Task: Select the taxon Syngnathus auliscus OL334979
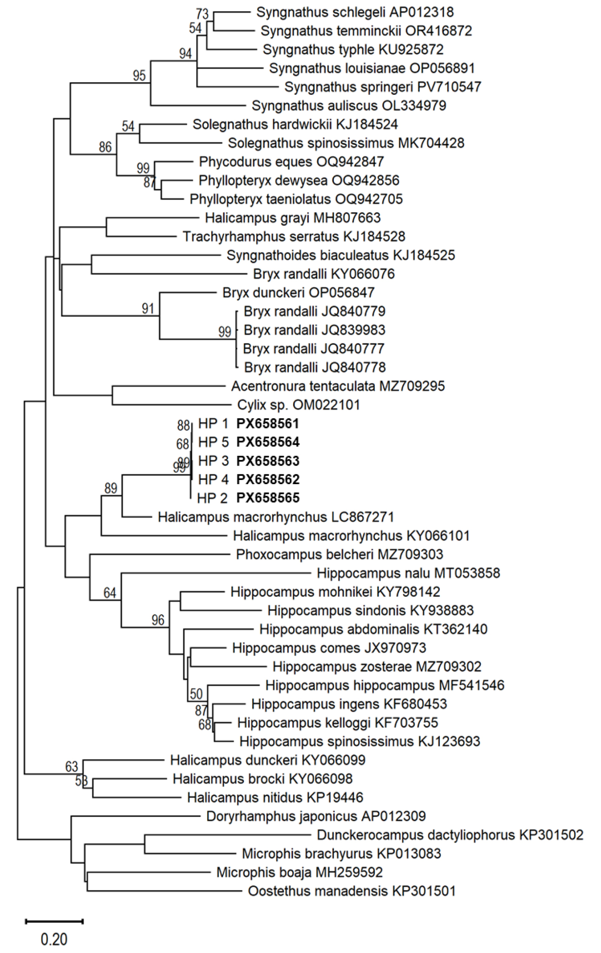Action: click(x=349, y=106)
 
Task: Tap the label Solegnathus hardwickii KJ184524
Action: click(x=295, y=124)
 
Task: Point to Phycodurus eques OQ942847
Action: click(x=291, y=162)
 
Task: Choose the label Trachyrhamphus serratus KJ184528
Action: click(x=294, y=237)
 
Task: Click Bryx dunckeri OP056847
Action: click(x=298, y=293)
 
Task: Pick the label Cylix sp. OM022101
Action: click(x=298, y=405)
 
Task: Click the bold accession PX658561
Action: click(x=268, y=424)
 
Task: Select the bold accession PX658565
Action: click(x=268, y=498)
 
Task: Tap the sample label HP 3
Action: click(x=213, y=461)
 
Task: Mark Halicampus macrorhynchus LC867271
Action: click(x=276, y=517)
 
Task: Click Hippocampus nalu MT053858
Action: click(x=408, y=573)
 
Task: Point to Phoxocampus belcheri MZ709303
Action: click(x=340, y=555)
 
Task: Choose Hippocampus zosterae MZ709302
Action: click(x=377, y=667)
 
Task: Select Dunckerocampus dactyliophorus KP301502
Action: click(x=450, y=835)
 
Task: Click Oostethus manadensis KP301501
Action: click(x=352, y=891)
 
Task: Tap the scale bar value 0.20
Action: click(x=54, y=940)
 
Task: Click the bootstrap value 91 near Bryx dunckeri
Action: click(x=148, y=309)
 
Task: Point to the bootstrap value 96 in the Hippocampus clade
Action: click(x=158, y=620)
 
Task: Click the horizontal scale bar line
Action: click(x=54, y=921)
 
